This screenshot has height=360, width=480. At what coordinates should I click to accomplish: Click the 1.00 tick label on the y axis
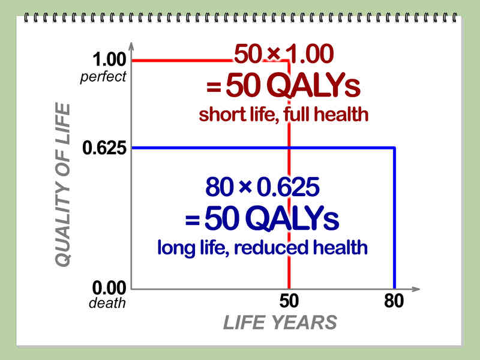pyautogui.click(x=109, y=60)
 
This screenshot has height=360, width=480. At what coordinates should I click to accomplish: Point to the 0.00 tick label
pyautogui.click(x=109, y=288)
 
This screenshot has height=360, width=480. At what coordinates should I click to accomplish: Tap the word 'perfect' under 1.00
pyautogui.click(x=104, y=76)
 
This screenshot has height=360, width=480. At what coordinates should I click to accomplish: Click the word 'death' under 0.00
pyautogui.click(x=107, y=303)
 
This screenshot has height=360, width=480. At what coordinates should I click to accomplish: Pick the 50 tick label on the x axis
pyautogui.click(x=289, y=301)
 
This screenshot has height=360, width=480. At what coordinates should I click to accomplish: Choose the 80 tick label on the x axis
pyautogui.click(x=394, y=301)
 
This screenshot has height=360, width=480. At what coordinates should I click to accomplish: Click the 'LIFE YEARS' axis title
pyautogui.click(x=280, y=323)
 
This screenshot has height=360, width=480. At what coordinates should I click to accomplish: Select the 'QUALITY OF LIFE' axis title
pyautogui.click(x=62, y=185)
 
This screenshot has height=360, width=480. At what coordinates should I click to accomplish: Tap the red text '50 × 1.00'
pyautogui.click(x=283, y=56)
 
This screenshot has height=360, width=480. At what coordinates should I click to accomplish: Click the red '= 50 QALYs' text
pyautogui.click(x=283, y=88)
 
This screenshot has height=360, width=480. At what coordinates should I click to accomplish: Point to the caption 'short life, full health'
pyautogui.click(x=284, y=114)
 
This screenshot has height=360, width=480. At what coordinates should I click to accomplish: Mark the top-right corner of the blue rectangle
pyautogui.click(x=394, y=148)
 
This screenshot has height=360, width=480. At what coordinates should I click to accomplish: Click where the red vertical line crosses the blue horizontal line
pyautogui.click(x=289, y=148)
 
